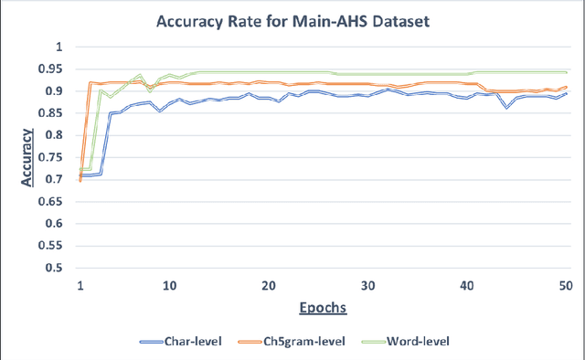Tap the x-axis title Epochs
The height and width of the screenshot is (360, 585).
tap(322, 308)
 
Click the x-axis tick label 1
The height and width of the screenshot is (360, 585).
tap(80, 285)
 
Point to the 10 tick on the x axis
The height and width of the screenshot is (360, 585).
tap(170, 285)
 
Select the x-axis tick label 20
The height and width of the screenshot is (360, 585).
tap(269, 285)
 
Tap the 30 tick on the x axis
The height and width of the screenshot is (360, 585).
tap(367, 285)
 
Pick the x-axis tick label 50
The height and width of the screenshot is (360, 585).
tap(565, 285)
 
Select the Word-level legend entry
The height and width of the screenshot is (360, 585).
tap(420, 341)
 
